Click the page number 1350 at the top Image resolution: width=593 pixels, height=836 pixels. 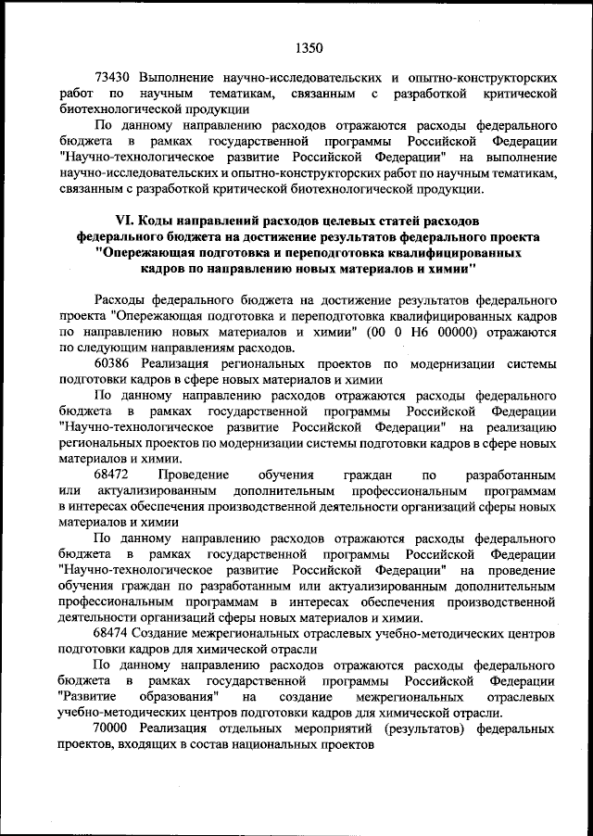pos(309,44)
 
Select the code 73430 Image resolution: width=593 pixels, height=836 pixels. pos(114,77)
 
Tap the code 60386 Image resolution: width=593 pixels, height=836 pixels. pos(114,363)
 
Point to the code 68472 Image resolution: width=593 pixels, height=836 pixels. pos(114,472)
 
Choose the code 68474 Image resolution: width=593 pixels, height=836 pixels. pos(114,632)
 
